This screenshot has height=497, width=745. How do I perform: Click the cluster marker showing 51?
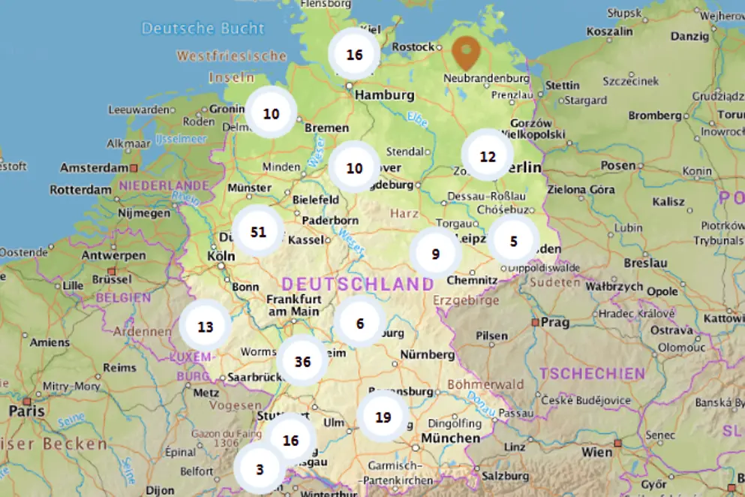pyautogui.click(x=258, y=231)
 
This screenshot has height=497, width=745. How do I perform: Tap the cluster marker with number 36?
pyautogui.click(x=302, y=361)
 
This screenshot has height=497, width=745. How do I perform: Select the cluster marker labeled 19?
pyautogui.click(x=383, y=417)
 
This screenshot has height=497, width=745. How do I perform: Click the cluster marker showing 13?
pyautogui.click(x=206, y=327)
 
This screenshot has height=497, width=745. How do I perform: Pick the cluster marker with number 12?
pyautogui.click(x=488, y=156)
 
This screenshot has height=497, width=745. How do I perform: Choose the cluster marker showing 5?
pyautogui.click(x=513, y=241)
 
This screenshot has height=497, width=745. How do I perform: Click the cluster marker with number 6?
pyautogui.click(x=360, y=323)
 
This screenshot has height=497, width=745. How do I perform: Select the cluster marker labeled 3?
pyautogui.click(x=260, y=469)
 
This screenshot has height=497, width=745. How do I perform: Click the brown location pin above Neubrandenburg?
pyautogui.click(x=466, y=52)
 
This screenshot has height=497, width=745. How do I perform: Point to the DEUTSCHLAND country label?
pyautogui.click(x=358, y=284)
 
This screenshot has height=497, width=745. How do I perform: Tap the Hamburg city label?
pyautogui.click(x=384, y=95)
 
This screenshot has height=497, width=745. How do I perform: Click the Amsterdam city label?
pyautogui.click(x=94, y=167)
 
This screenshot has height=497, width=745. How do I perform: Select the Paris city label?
pyautogui.click(x=27, y=411)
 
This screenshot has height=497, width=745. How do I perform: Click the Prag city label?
pyautogui.click(x=555, y=321)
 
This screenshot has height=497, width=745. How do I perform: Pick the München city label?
pyautogui.click(x=450, y=438)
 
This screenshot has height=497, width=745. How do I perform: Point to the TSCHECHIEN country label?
pyautogui.click(x=592, y=373)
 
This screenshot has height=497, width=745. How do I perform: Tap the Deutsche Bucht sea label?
pyautogui.click(x=203, y=29)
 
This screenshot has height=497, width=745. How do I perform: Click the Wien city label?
pyautogui.click(x=598, y=452)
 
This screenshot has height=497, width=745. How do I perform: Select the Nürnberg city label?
pyautogui.click(x=428, y=354)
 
